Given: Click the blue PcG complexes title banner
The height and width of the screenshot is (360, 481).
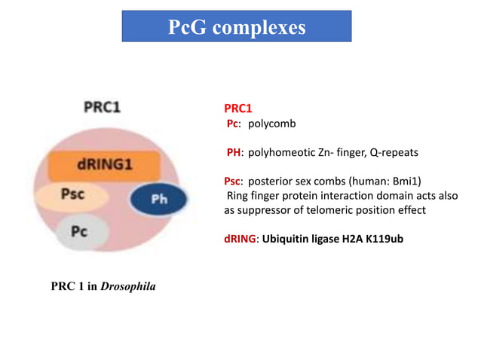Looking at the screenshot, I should click(x=237, y=26).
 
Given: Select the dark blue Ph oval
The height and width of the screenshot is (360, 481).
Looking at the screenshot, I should click(x=159, y=199).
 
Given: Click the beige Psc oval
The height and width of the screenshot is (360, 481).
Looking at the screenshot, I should click(x=72, y=194).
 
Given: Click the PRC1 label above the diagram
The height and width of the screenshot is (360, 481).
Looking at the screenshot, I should click(x=102, y=107).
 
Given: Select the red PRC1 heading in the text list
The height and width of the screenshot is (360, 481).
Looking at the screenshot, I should click(x=238, y=108).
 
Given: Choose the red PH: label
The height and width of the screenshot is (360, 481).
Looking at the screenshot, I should click(x=235, y=153).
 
